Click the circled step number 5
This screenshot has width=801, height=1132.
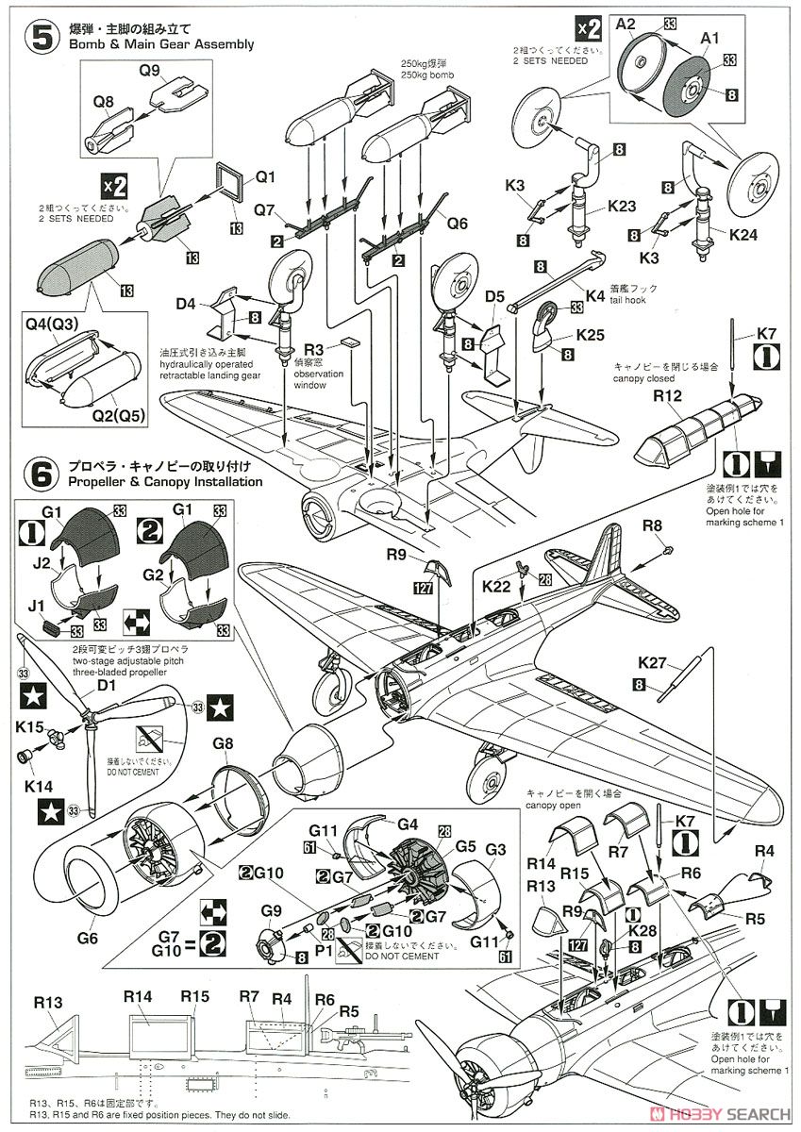[x=41, y=37]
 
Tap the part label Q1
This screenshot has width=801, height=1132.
[x=265, y=176]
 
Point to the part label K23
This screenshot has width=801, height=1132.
[x=622, y=205]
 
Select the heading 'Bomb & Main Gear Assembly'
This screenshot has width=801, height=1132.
[x=161, y=44]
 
